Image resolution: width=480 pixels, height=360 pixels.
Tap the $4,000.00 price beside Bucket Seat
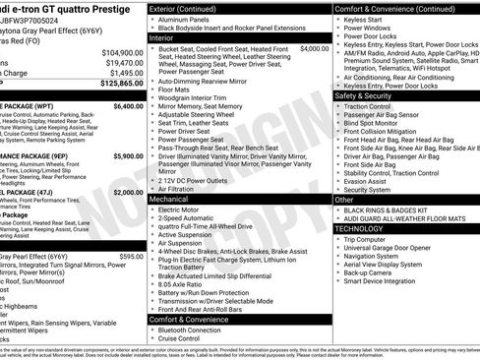314,47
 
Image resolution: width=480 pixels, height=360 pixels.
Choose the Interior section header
168,37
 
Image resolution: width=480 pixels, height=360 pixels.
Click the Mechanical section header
175,198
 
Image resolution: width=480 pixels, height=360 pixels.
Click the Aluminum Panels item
189,19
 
